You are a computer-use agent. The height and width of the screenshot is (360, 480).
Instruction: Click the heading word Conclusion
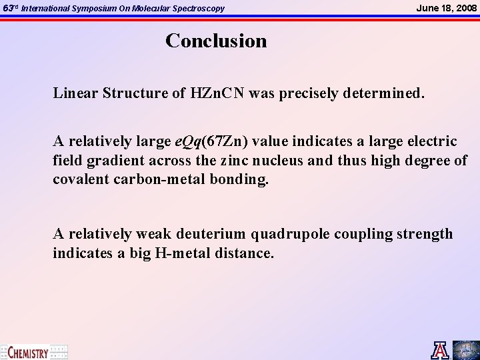(216, 41)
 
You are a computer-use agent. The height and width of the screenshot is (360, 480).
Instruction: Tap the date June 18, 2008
(446, 7)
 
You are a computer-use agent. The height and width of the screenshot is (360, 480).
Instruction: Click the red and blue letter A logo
(441, 350)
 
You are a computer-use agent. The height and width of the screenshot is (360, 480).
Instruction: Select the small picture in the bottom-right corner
(466, 350)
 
